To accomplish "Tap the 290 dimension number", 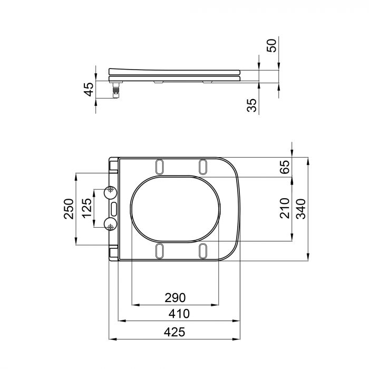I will click(x=175, y=297).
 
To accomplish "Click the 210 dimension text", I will click(x=285, y=208).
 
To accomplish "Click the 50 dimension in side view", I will click(x=271, y=45).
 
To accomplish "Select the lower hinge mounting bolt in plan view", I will click(x=111, y=226).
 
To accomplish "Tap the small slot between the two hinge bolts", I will click(x=114, y=208).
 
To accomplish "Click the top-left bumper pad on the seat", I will click(x=160, y=167).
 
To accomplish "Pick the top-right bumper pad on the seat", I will click(x=203, y=167).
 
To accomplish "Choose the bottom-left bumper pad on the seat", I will click(x=160, y=251).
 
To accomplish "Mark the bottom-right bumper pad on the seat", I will click(x=203, y=251).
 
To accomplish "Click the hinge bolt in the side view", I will click(x=115, y=91).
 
